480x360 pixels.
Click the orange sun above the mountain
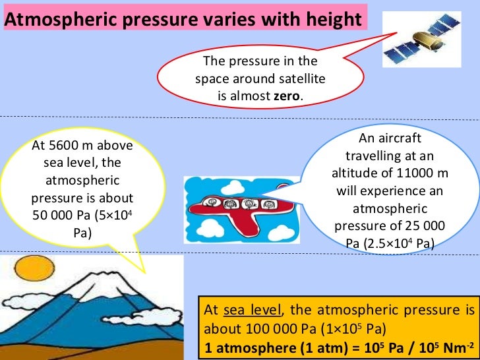(29, 270)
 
